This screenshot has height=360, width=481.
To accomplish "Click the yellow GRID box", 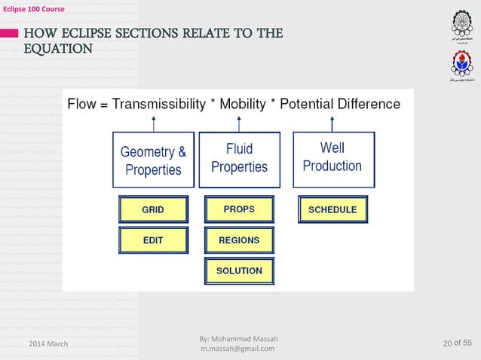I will point(153,209).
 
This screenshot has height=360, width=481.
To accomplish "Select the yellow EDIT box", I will point(153,240).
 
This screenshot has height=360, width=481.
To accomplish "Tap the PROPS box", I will point(239,209).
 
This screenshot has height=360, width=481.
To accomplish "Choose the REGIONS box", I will point(239,240).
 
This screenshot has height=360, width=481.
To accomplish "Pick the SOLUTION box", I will point(239,270).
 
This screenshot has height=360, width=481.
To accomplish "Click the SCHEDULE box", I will point(332,209).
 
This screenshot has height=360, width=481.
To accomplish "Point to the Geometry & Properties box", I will point(153,160).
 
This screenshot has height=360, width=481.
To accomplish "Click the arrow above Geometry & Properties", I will point(154,122).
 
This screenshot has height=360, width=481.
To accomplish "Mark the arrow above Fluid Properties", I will point(239,122).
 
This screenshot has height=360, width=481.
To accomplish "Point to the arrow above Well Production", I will point(332,122).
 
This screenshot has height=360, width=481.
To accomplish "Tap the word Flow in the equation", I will point(82,104).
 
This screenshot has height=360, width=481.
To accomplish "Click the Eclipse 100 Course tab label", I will point(32,8).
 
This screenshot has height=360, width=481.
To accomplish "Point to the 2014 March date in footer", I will point(48,344).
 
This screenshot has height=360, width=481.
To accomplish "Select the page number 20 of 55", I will point(458,344).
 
